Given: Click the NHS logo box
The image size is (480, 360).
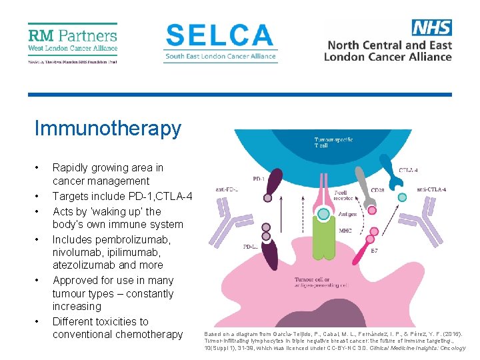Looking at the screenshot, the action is click(x=431, y=27).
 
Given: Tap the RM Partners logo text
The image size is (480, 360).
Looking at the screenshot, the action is click(x=73, y=35).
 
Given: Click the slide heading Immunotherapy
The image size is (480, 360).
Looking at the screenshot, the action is click(x=107, y=128).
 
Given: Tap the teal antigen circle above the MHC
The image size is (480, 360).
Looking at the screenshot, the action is click(x=323, y=214).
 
